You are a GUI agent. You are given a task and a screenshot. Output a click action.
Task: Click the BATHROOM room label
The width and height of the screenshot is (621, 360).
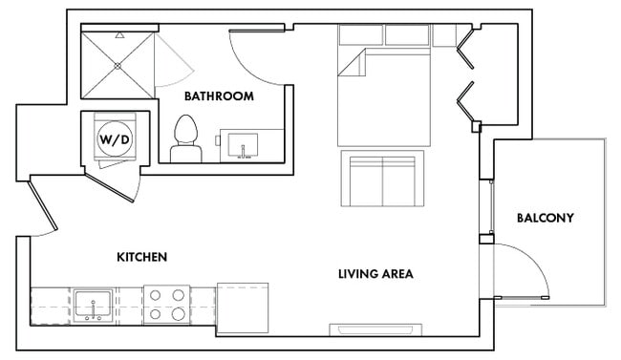(218, 96)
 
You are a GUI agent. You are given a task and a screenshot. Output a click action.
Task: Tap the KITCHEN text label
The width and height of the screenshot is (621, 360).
(142, 258)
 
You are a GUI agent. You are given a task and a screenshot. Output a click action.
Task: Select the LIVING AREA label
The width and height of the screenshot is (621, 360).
(375, 274)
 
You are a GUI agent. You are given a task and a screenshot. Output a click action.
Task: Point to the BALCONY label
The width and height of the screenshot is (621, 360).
(545, 218)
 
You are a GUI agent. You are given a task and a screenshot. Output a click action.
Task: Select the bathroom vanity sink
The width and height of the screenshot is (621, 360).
(244, 145)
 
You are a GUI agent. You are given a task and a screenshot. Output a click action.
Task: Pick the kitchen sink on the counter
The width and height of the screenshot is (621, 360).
(94, 305)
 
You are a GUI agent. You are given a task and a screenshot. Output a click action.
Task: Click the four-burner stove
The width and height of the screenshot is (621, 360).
(166, 304)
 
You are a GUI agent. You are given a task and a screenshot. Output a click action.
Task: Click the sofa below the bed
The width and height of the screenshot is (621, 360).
(382, 178)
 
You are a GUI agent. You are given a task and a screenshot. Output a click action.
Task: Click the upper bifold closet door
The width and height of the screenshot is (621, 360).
(465, 48)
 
